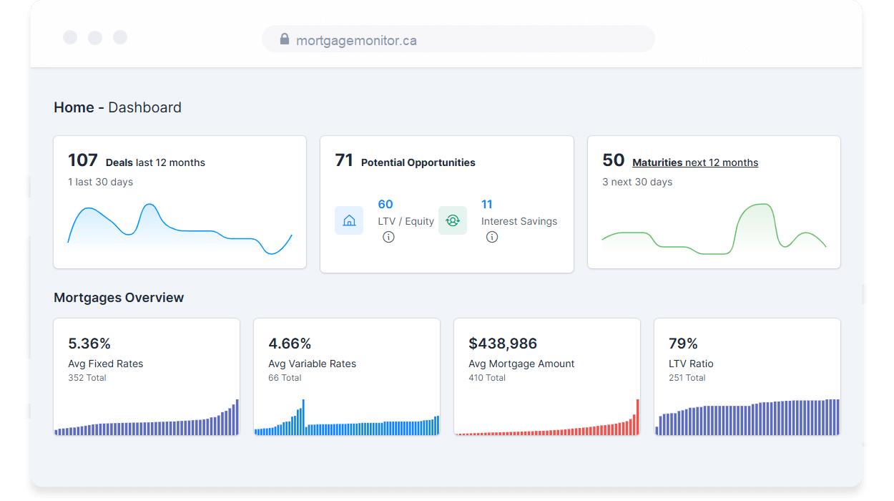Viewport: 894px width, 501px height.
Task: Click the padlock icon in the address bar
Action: click(284, 39)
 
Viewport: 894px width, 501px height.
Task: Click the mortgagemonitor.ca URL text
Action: click(356, 41)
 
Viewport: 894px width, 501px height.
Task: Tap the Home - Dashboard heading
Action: click(117, 107)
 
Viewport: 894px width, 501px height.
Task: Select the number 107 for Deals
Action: click(82, 160)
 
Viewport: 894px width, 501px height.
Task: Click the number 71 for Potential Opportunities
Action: click(344, 160)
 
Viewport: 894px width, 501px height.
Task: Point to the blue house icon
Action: click(349, 220)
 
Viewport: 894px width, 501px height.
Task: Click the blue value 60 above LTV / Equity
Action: click(385, 205)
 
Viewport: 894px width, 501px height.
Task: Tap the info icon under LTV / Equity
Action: click(388, 237)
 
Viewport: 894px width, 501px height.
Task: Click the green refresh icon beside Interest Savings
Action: click(453, 220)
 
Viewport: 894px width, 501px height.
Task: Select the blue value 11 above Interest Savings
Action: click(487, 205)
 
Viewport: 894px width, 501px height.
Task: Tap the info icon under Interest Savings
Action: click(492, 237)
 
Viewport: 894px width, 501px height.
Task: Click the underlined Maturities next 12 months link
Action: click(695, 162)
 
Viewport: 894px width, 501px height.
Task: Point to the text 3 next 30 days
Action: click(637, 182)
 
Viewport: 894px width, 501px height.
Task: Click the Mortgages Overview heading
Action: click(119, 298)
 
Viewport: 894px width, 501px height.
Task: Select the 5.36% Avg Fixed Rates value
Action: click(89, 344)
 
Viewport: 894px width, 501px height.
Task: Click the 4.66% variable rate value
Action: click(290, 344)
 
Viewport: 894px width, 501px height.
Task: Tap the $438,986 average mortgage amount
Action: click(503, 344)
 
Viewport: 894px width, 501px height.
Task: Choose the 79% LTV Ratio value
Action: click(683, 344)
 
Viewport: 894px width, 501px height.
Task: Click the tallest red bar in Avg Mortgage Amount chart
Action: click(637, 417)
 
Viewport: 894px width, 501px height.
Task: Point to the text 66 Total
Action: click(285, 378)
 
